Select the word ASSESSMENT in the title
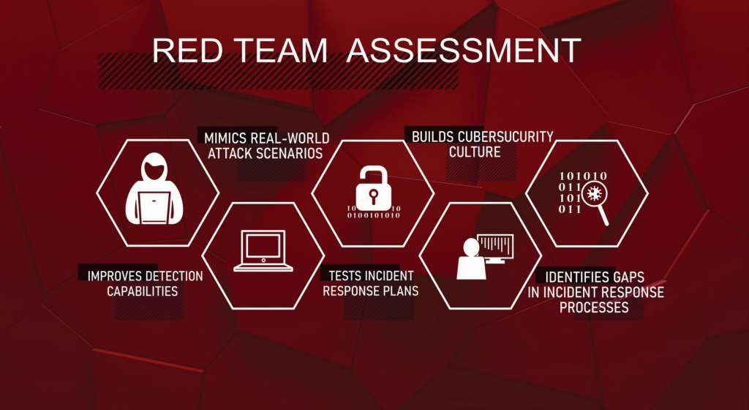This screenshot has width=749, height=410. (463, 51)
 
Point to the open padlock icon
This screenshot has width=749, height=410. (373, 189)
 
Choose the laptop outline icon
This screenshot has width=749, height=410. (263, 251)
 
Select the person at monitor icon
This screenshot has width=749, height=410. (485, 256)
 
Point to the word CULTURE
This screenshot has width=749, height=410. (475, 152)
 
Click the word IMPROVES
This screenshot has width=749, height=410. (115, 276)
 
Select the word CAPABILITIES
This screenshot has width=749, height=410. (143, 291)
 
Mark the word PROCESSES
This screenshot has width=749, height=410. (594, 307)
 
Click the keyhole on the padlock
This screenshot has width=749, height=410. (374, 195)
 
